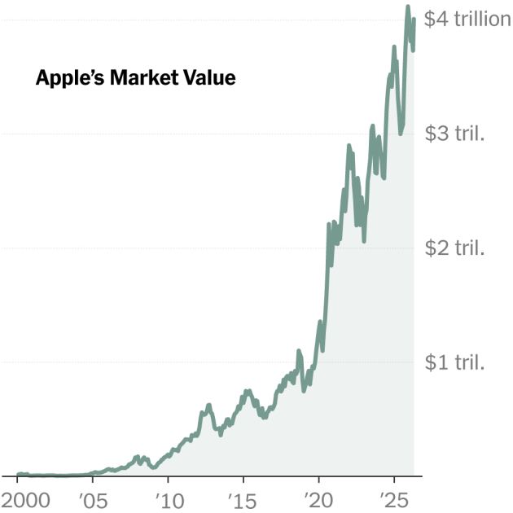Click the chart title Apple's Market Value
pyautogui.click(x=135, y=79)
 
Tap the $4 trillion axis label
pyautogui.click(x=467, y=19)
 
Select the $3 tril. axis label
pyautogui.click(x=455, y=134)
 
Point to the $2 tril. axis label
pyautogui.click(x=455, y=248)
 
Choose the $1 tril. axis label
pyautogui.click(x=455, y=362)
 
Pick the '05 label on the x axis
pyautogui.click(x=91, y=498)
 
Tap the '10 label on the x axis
pyautogui.click(x=167, y=498)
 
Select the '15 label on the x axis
pyautogui.click(x=243, y=498)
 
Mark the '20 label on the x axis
pyautogui.click(x=318, y=498)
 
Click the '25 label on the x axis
pyautogui.click(x=394, y=498)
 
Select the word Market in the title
pyautogui.click(x=142, y=79)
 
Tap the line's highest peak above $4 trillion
pyautogui.click(x=407, y=7)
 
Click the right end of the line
pyautogui.click(x=414, y=20)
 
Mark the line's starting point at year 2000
pyautogui.click(x=18, y=474)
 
